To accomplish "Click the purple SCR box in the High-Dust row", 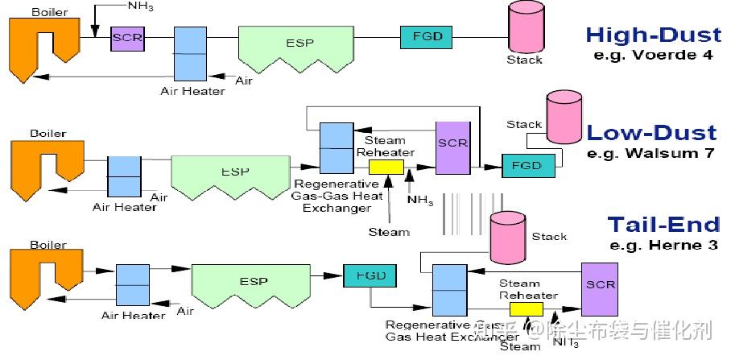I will tap(125, 37).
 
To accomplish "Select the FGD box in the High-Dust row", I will tap(427, 36).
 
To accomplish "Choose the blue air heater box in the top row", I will tap(191, 53).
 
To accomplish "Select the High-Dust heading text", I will tap(653, 35).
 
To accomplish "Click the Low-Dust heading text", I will tap(651, 133).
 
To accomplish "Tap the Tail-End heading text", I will tap(661, 224).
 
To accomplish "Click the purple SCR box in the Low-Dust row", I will tap(452, 147).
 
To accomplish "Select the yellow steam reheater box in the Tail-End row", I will tap(528, 309).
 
